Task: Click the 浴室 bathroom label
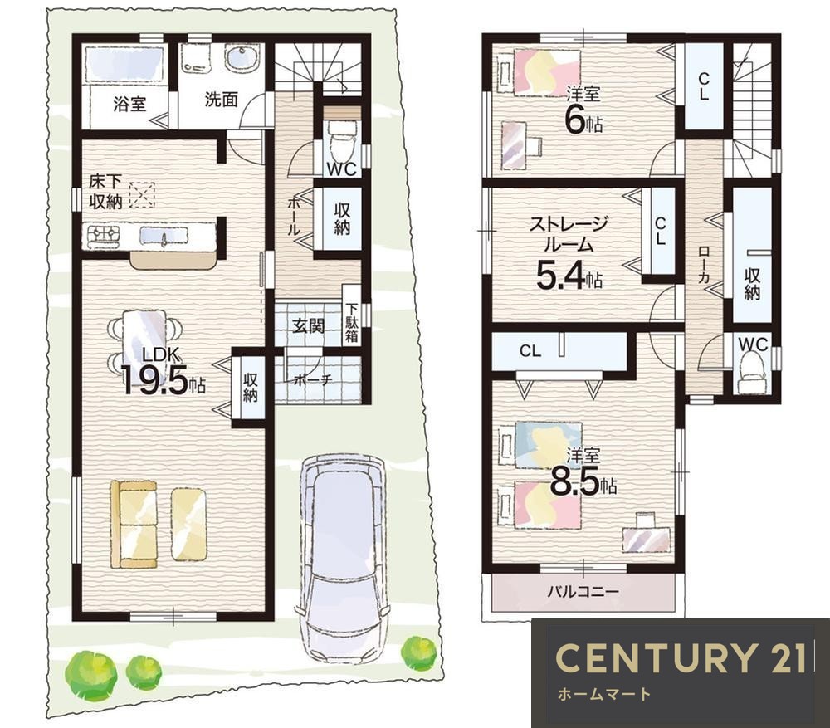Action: (129, 104)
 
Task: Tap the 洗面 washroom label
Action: (222, 100)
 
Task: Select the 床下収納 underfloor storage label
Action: (105, 193)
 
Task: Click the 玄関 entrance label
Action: (308, 325)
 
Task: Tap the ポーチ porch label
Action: (312, 379)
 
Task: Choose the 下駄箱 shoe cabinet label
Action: (352, 322)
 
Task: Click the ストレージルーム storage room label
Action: (569, 233)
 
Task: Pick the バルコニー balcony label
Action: (583, 591)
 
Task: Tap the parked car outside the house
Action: (344, 558)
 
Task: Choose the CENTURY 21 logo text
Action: (681, 658)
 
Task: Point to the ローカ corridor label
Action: (704, 264)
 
